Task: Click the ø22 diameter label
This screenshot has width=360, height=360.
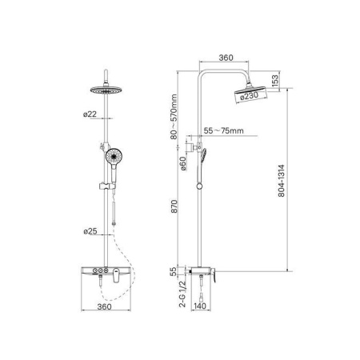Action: tap(90, 114)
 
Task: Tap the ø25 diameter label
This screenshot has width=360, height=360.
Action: tap(90, 231)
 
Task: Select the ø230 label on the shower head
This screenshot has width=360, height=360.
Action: tap(249, 95)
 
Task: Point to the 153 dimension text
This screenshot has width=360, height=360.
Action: tap(274, 80)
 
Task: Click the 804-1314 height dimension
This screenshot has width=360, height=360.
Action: tap(282, 181)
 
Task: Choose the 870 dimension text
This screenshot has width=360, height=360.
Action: tap(174, 206)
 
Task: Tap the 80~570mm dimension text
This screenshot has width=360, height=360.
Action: tap(174, 117)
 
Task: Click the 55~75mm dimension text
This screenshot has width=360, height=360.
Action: tap(223, 130)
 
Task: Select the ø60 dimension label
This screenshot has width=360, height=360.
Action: tap(182, 163)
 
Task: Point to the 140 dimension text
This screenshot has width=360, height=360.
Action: tap(200, 306)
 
